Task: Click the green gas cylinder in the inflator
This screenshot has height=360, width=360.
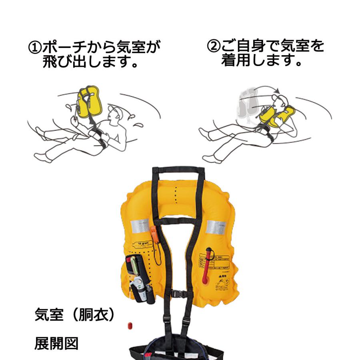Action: [x=134, y=266]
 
